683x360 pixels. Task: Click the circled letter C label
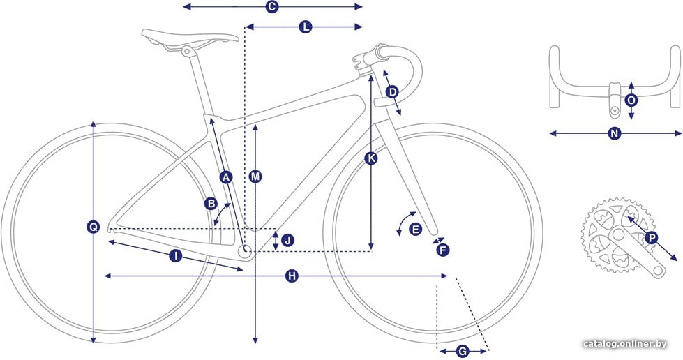(272, 6)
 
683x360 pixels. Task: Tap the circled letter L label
(306, 27)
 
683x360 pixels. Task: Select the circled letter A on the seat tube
(225, 177)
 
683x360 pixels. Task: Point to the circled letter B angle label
(211, 204)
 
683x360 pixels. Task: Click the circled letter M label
(256, 177)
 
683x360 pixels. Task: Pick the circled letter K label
(371, 158)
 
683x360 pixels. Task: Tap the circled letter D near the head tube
(393, 92)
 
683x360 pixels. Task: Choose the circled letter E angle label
(416, 230)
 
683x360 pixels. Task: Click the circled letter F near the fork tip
(442, 250)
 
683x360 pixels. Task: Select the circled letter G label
(463, 352)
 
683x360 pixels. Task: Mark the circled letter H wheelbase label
(292, 276)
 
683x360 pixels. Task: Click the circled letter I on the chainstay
(176, 256)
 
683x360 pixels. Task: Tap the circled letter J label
(288, 240)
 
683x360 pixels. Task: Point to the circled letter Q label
(93, 227)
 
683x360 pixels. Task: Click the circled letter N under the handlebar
(615, 133)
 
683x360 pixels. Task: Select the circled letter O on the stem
(631, 100)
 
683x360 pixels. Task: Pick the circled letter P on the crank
(652, 238)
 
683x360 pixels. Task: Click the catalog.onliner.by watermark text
(625, 344)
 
